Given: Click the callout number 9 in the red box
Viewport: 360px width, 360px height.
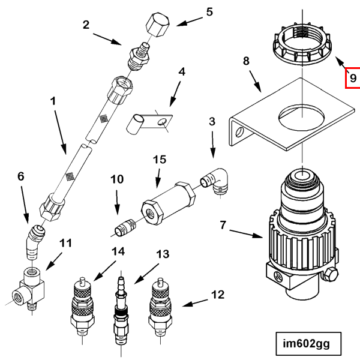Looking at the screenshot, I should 353,77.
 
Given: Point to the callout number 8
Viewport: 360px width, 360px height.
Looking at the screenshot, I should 245,61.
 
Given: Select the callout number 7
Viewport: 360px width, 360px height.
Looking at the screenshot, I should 223,226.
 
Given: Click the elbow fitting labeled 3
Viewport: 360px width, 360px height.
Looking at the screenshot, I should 214,181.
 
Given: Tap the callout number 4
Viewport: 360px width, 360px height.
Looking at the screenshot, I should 182,72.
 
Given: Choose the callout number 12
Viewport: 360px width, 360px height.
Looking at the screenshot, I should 217,295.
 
